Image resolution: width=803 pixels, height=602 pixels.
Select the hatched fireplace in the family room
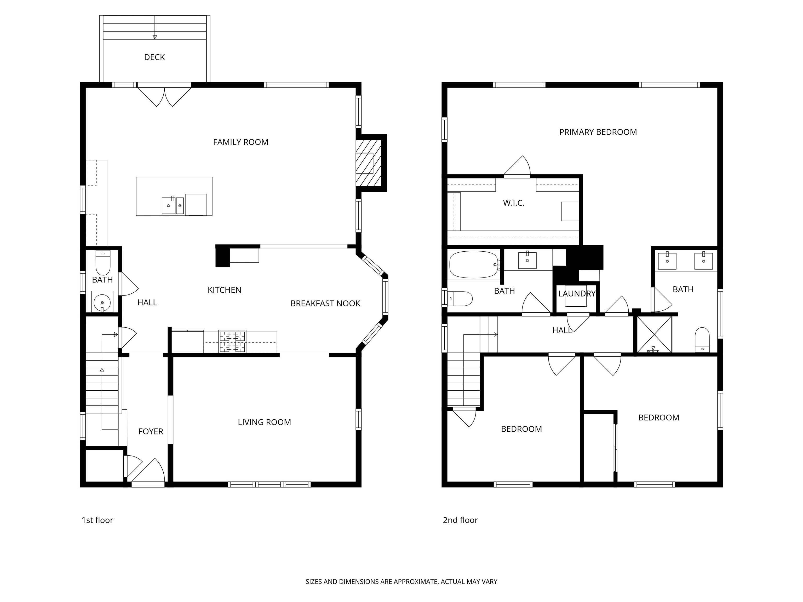[x=369, y=163]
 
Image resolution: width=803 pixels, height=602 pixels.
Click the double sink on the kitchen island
[x=173, y=205]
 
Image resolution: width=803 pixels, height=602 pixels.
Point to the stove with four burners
[x=232, y=341]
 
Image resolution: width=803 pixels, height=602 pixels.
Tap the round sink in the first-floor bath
[x=102, y=302]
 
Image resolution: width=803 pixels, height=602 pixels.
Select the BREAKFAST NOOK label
[x=325, y=303]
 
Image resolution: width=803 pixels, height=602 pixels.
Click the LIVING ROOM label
[x=264, y=422]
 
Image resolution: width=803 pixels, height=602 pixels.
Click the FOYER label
[x=151, y=431]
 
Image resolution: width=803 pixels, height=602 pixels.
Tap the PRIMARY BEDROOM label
[x=598, y=132]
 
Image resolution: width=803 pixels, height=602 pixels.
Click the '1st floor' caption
[x=97, y=520]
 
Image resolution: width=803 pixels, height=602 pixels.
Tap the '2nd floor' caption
[x=460, y=520]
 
